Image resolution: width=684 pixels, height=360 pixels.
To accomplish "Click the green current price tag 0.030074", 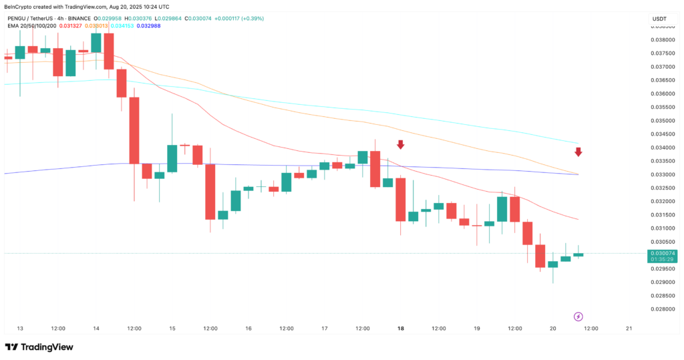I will click(x=662, y=254).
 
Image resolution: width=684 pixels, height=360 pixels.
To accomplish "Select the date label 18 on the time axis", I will click(x=401, y=329).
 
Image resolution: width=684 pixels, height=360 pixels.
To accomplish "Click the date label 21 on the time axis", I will click(x=629, y=329).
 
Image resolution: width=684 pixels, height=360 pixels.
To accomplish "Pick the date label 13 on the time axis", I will click(x=20, y=329).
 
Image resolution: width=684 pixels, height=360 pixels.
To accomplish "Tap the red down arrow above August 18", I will click(x=401, y=144).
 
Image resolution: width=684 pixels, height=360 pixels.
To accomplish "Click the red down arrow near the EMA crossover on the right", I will click(x=578, y=152).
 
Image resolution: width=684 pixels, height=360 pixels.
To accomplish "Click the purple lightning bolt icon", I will click(x=578, y=316).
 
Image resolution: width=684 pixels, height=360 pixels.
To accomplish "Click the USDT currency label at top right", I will click(x=660, y=19).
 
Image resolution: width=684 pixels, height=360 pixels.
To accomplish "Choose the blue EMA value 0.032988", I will click(x=148, y=26).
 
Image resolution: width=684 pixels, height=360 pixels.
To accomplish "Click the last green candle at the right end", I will click(x=578, y=254).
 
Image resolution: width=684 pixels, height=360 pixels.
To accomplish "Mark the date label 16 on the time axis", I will click(x=248, y=329).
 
